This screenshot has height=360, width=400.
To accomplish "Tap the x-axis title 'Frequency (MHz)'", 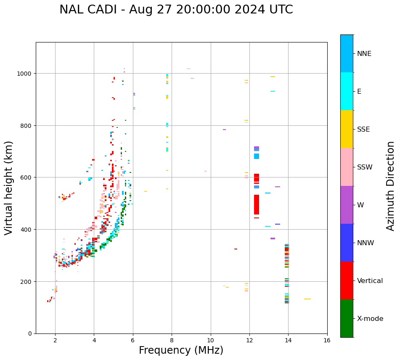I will pos(181,350).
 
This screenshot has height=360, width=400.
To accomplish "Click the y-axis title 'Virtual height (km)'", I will pos(9,188).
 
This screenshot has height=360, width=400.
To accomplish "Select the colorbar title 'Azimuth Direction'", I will pos(391,186).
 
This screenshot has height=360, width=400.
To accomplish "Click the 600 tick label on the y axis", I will pos(26,177).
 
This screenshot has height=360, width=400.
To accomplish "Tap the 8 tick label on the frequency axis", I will pos(172,341).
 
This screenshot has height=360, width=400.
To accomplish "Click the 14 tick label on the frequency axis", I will pos(288,341).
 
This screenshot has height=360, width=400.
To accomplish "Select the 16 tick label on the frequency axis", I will pos(327,341).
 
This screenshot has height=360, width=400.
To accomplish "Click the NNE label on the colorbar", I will pos(364,53).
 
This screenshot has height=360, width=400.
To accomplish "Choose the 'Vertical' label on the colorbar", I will pos(370,281).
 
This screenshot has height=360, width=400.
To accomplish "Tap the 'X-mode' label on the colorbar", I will pos(370,318).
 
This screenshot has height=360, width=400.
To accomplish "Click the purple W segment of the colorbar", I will pos(347,205).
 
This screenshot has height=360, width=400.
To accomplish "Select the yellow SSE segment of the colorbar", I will pos(347,129).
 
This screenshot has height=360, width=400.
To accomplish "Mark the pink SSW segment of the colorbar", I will pos(347,167).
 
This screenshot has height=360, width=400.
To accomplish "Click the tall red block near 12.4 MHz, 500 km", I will pos(256,205).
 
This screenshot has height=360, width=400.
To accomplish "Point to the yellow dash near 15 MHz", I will pos(307,299).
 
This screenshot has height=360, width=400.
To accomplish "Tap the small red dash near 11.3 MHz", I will pos(236,249).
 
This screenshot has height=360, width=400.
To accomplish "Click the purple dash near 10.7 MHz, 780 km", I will pos(224,130).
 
